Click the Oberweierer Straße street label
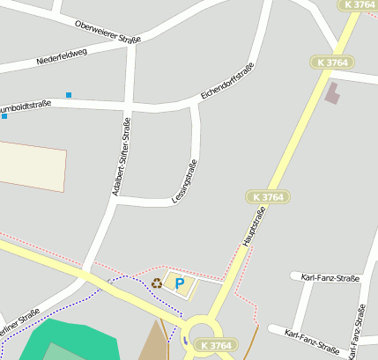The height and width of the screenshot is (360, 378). click(x=107, y=32)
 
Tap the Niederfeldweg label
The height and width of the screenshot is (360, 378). click(x=62, y=57)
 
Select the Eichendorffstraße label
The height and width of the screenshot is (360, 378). click(x=227, y=80)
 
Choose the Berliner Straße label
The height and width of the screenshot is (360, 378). click(x=19, y=318)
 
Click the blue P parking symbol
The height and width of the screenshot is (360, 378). click(x=180, y=283)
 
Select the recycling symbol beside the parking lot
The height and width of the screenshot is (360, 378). click(x=157, y=283)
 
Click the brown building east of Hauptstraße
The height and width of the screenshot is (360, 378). click(x=331, y=92)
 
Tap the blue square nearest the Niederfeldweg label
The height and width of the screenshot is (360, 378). click(x=69, y=94)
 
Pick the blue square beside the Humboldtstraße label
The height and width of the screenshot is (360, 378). click(x=4, y=116)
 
